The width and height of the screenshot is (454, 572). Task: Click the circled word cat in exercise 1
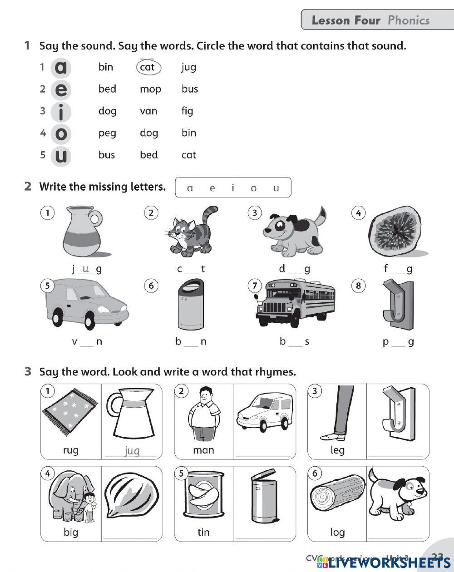pyautogui.click(x=148, y=67)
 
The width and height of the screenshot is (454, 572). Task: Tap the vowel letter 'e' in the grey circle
pyautogui.click(x=61, y=89)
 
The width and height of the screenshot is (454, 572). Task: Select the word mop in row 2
pyautogui.click(x=150, y=89)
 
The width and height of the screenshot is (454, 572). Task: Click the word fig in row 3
pyautogui.click(x=187, y=111)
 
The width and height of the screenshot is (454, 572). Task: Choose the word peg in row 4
pyautogui.click(x=107, y=133)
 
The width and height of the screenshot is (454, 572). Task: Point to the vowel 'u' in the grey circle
pyautogui.click(x=61, y=156)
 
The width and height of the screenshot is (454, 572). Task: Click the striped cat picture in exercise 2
pyautogui.click(x=190, y=231)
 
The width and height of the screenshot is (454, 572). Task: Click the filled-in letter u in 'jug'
pyautogui.click(x=86, y=268)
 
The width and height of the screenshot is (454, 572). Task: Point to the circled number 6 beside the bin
pyautogui.click(x=151, y=286)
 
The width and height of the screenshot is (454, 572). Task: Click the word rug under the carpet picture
pyautogui.click(x=71, y=450)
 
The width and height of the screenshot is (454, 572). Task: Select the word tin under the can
pyautogui.click(x=203, y=532)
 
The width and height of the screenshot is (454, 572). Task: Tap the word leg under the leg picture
pyautogui.click(x=337, y=450)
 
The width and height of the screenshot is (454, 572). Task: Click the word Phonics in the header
pyautogui.click(x=408, y=20)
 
